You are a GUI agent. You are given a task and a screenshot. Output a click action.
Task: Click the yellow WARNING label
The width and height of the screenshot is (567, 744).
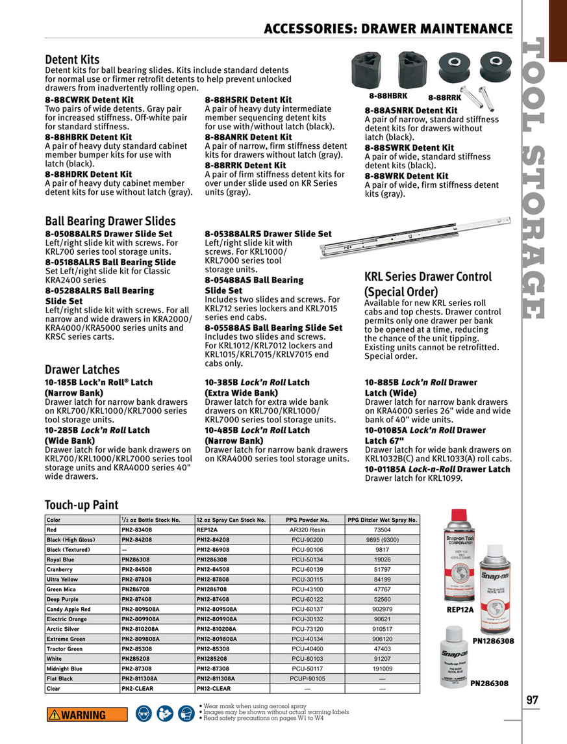point(75,714)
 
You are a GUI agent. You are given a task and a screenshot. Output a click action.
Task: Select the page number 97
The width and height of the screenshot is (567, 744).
point(533,700)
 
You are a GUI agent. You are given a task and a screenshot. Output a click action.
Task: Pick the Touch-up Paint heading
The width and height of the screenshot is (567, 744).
point(82,505)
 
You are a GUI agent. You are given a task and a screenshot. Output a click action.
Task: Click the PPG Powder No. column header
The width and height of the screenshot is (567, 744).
point(307,520)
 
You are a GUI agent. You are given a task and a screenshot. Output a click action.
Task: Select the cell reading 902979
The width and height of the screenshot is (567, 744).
point(382,609)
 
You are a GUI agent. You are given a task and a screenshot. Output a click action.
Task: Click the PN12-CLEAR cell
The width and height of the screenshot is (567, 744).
point(214,689)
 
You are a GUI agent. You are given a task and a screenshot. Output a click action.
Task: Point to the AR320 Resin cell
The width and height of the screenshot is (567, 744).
point(307,530)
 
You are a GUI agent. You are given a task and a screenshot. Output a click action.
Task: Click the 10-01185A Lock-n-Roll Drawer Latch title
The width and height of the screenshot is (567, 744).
point(437,469)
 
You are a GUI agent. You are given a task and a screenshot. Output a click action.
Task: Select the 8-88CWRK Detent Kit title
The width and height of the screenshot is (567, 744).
point(89,99)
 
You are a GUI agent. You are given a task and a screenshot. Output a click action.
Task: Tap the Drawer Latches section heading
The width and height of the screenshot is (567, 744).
point(82,370)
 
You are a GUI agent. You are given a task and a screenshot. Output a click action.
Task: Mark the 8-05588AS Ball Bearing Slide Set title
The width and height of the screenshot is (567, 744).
point(273,328)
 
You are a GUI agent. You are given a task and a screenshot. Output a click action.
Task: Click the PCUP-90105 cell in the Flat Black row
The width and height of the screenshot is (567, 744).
point(307,678)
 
